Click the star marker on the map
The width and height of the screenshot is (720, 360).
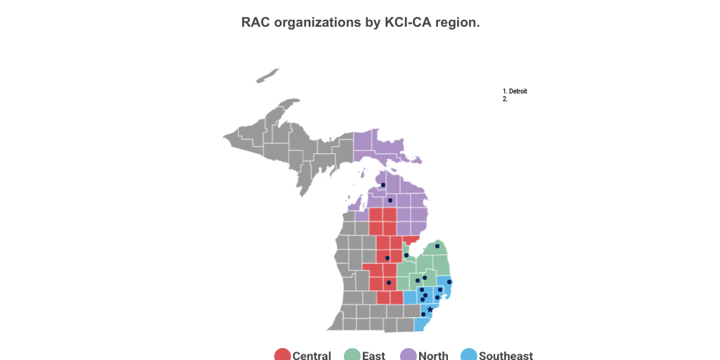coord(430,309)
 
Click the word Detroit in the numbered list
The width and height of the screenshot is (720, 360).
coord(518,91)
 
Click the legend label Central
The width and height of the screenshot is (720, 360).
coord(311,356)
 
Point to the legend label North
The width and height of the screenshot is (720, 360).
coord(433,356)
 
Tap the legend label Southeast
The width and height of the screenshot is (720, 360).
coord(506,356)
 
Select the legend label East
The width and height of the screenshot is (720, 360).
coord(373,356)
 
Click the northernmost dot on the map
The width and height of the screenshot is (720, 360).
coord(383,186)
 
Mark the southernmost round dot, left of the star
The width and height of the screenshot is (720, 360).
coord(423,314)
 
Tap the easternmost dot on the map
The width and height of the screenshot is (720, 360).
coord(449,282)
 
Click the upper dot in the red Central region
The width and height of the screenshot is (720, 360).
coord(387,258)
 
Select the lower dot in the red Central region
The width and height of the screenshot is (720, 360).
coord(389,283)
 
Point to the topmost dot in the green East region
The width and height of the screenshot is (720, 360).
coord(437,246)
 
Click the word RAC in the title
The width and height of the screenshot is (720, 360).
coord(255,22)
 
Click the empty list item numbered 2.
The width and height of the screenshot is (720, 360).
coord(506,99)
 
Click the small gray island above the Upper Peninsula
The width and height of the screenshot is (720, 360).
coord(268,75)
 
